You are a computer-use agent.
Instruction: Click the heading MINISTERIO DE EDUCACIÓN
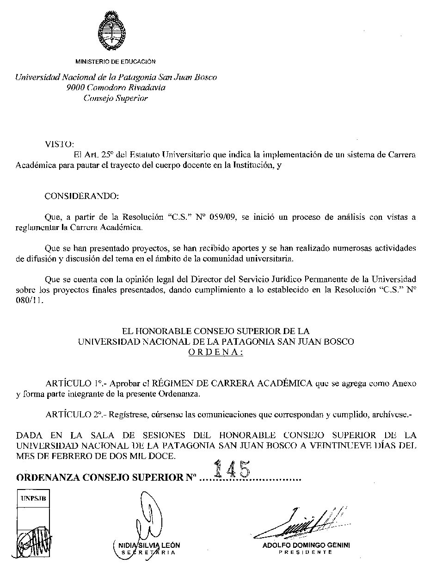pos(116,62)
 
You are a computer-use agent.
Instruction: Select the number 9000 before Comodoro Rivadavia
pos(75,87)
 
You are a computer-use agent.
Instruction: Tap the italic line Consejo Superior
pos(116,98)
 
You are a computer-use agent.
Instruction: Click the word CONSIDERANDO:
pos(81,196)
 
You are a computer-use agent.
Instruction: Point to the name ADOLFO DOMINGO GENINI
pos(306,545)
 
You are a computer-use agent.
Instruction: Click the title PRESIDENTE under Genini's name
pos(306,553)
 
